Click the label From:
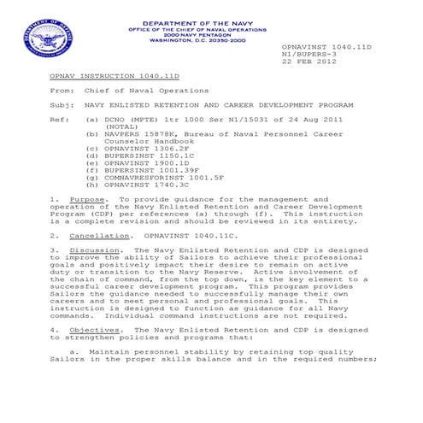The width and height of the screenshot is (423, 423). (x=62, y=90)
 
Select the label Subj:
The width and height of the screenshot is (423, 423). (x=62, y=103)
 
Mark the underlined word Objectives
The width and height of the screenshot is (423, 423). (x=94, y=328)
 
